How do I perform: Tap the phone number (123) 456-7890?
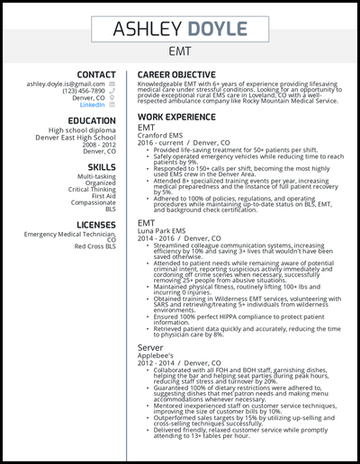coord(83,90)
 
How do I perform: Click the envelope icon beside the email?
coord(112,83)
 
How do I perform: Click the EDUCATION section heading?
coord(87,120)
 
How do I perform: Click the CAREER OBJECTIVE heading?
coord(176,75)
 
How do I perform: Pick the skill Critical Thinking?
coord(91,190)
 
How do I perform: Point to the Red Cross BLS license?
coord(94,246)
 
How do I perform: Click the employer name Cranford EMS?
coord(160,135)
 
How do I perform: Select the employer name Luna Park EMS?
coord(161,229)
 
